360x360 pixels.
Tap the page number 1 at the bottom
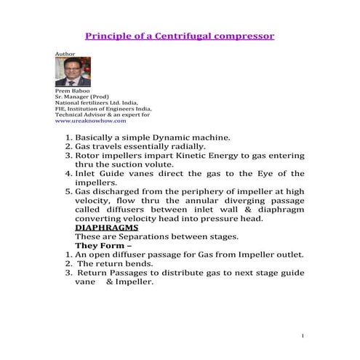coord(301,336)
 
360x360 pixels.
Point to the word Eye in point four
coord(273,174)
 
